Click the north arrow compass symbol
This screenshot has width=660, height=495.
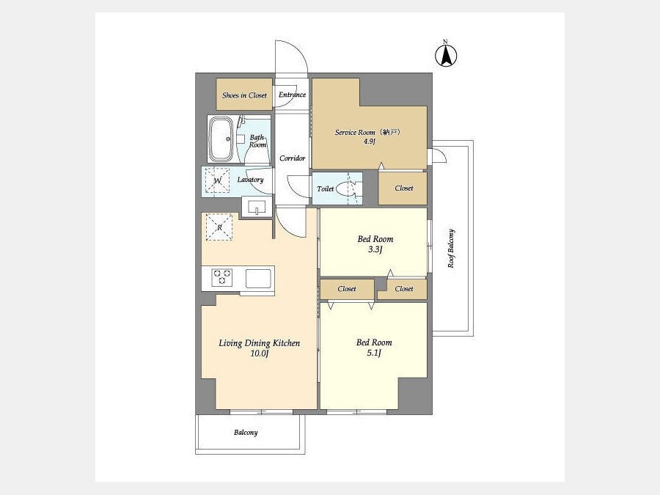(x=446, y=55)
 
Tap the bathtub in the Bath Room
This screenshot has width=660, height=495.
(x=221, y=139)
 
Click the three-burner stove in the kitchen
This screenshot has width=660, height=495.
(x=221, y=278)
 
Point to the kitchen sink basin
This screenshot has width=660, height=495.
(x=258, y=279)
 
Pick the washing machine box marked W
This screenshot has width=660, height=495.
(x=218, y=180)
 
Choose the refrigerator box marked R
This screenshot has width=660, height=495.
(x=219, y=227)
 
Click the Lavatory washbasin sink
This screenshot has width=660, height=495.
(x=257, y=208)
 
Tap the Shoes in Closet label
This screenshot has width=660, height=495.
(x=244, y=95)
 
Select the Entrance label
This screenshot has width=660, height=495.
(x=292, y=95)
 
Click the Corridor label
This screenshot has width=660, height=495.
(x=292, y=158)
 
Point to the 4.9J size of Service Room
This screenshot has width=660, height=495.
(x=369, y=142)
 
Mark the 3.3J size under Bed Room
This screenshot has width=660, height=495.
(x=375, y=249)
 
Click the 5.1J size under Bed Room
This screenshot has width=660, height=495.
(x=374, y=353)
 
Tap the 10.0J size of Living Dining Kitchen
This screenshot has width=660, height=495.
(x=260, y=353)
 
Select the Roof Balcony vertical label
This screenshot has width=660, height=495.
(x=451, y=249)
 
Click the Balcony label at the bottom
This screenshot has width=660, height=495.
(x=246, y=432)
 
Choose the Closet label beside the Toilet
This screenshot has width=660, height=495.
(x=403, y=188)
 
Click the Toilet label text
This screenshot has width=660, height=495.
(x=326, y=189)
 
